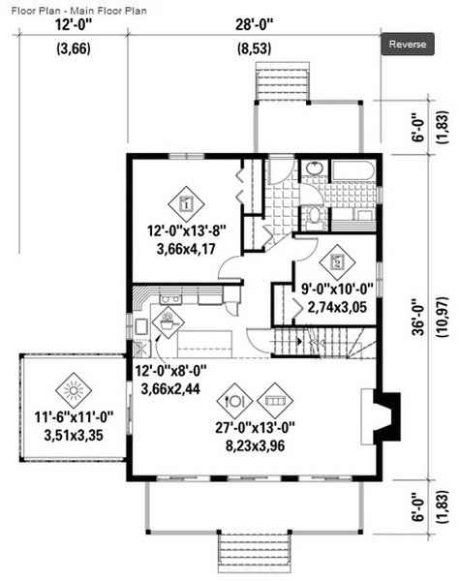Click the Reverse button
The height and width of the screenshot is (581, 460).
[408, 45]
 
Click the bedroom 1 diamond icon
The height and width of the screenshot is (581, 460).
[187, 203]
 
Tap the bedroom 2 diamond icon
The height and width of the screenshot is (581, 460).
[337, 262]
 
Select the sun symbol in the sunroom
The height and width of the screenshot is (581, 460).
[74, 390]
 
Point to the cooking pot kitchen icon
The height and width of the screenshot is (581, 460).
[168, 322]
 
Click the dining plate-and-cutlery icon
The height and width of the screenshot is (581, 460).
[234, 401]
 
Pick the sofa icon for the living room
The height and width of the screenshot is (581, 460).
[275, 401]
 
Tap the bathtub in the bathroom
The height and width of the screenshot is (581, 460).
[353, 170]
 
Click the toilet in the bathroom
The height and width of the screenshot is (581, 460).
[315, 216]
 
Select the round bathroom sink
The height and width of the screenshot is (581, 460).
[315, 168]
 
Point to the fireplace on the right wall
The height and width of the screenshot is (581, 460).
[381, 416]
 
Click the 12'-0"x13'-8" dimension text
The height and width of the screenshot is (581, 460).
[187, 231]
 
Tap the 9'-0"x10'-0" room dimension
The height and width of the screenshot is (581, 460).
[337, 289]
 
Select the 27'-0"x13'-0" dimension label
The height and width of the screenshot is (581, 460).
[255, 428]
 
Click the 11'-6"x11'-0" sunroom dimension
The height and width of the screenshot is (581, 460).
[74, 417]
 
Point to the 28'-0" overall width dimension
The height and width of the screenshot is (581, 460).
[255, 25]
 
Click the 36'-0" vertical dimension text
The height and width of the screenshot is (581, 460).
[419, 317]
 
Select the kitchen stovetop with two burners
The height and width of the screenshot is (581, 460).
[170, 299]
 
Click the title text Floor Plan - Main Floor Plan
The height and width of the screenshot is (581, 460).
[79, 11]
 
